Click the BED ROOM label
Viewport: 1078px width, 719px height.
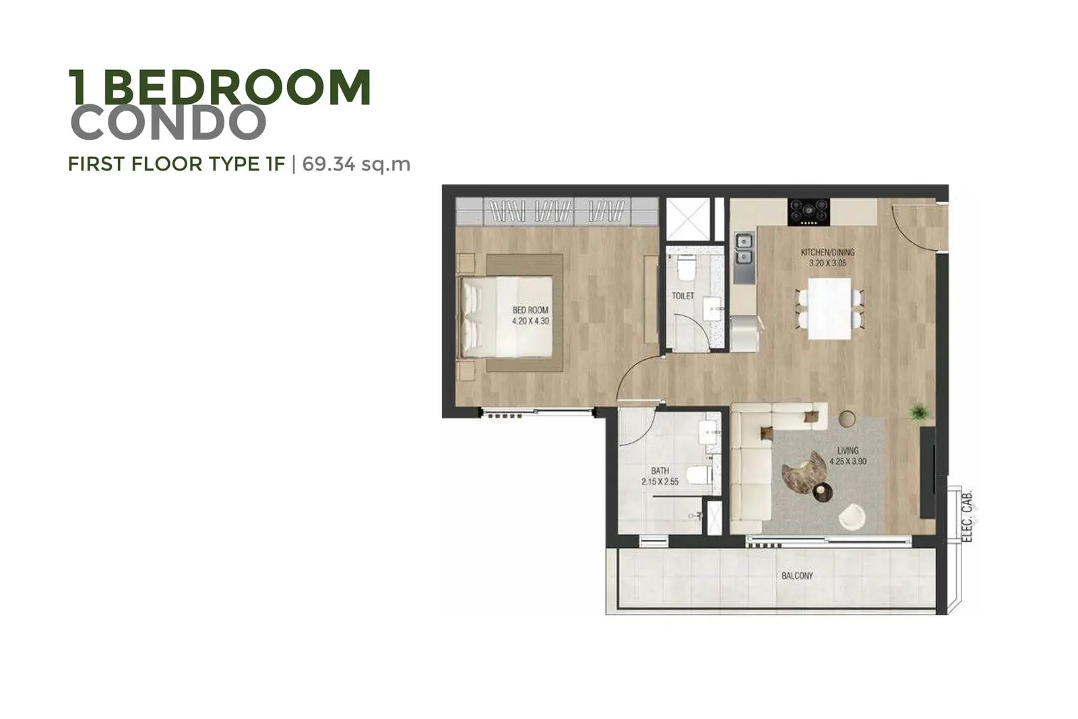[x=530, y=311]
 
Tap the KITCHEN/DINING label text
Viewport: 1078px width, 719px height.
[x=828, y=252]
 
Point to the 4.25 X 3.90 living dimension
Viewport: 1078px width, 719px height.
[x=848, y=462]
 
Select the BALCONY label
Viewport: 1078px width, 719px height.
[x=798, y=575]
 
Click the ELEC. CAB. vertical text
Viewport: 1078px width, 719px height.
[x=968, y=515]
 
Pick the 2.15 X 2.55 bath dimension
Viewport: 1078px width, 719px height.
[x=660, y=481]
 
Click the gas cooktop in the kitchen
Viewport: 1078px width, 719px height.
[x=809, y=212]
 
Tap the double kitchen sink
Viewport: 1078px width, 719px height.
[x=744, y=249]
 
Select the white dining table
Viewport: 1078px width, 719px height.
[x=829, y=309]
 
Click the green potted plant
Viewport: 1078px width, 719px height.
[x=920, y=412]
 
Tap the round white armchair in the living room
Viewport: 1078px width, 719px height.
[x=852, y=517]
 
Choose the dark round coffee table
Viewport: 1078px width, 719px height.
[x=823, y=491]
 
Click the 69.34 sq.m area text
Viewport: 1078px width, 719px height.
[x=356, y=164]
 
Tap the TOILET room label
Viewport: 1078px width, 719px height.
[x=683, y=296]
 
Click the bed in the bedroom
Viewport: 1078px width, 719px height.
[x=507, y=317]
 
